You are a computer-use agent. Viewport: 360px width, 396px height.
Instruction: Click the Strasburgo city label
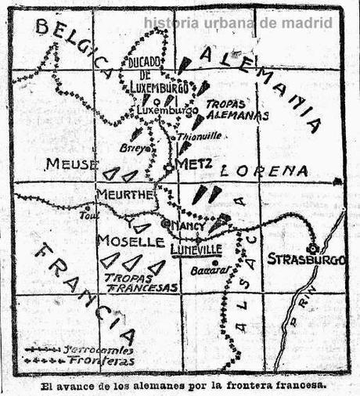(x=305, y=259)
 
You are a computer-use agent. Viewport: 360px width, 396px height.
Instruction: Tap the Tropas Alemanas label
(x=236, y=109)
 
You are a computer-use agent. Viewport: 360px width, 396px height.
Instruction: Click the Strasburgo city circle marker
(x=312, y=247)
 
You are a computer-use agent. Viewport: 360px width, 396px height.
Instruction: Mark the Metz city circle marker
(x=168, y=167)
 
